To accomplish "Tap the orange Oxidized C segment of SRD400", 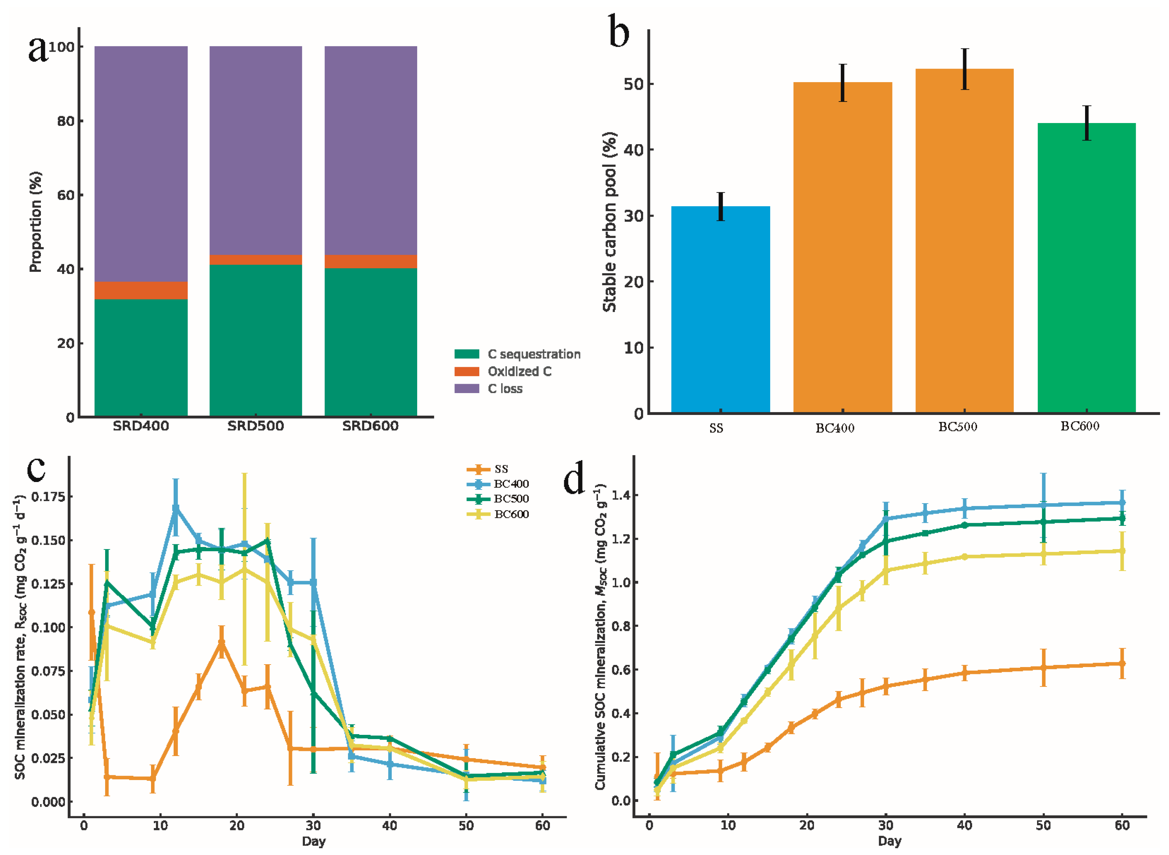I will pyautogui.click(x=141, y=290).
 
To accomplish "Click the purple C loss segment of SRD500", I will pyautogui.click(x=256, y=150).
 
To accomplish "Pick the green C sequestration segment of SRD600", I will pyautogui.click(x=371, y=341).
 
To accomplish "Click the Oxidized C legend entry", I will pyautogui.click(x=519, y=372).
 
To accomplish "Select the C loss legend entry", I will pyautogui.click(x=505, y=389).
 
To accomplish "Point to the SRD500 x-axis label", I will pyautogui.click(x=256, y=426).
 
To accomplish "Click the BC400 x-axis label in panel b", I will pyautogui.click(x=835, y=428).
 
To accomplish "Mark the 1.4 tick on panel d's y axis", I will pyautogui.click(x=621, y=496).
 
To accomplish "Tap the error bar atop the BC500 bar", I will pyautogui.click(x=965, y=69).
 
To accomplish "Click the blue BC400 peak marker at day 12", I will pyautogui.click(x=176, y=509).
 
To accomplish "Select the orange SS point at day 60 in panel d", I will pyautogui.click(x=1121, y=663).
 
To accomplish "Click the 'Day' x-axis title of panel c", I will pyautogui.click(x=314, y=841).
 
